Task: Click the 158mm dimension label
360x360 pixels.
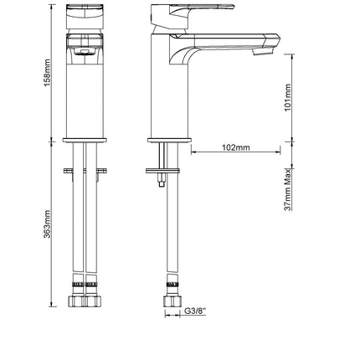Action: pyautogui.click(x=48, y=73)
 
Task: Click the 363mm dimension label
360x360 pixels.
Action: pyautogui.click(x=48, y=224)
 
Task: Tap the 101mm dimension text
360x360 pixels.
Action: pyautogui.click(x=288, y=97)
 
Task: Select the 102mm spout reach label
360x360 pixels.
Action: pyautogui.click(x=236, y=147)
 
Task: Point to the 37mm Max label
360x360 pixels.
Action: pyautogui.click(x=288, y=189)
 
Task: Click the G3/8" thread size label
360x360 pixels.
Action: pyautogui.click(x=195, y=311)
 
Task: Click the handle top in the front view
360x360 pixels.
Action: pyautogui.click(x=85, y=17)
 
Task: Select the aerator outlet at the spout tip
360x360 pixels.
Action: pyautogui.click(x=263, y=51)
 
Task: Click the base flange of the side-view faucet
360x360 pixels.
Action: pyautogui.click(x=169, y=140)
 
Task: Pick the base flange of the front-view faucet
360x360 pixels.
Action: pyautogui.click(x=85, y=140)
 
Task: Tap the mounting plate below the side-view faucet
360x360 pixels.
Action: pyautogui.click(x=162, y=171)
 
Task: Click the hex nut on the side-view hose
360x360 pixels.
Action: pyautogui.click(x=172, y=301)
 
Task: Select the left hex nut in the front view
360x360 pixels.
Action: pyautogui.click(x=76, y=301)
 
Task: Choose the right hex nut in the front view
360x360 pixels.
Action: pyautogui.click(x=93, y=301)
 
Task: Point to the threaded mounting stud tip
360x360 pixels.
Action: pyautogui.click(x=162, y=183)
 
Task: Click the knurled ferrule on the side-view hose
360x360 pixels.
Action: pyautogui.click(x=172, y=285)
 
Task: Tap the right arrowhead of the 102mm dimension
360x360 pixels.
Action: pyautogui.click(x=278, y=152)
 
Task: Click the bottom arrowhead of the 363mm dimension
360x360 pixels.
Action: pyautogui.click(x=51, y=304)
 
